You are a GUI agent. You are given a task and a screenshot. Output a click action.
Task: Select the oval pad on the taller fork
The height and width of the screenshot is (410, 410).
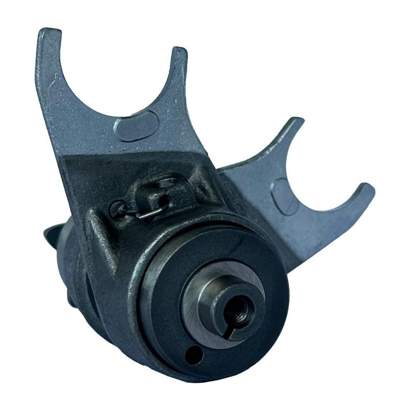coord(137,125)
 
